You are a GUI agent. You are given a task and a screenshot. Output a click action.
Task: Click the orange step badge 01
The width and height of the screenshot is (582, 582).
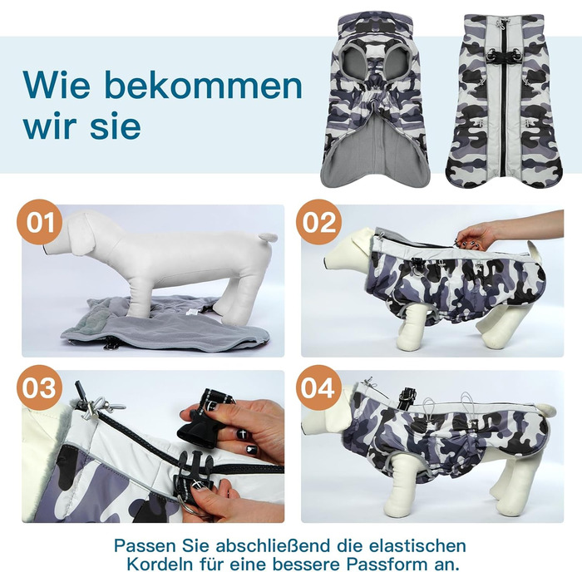click(x=40, y=222)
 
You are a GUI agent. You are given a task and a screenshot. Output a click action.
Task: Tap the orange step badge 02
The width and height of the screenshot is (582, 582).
click(x=318, y=222)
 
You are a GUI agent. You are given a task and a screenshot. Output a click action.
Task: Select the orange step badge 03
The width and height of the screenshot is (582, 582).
click(x=39, y=387)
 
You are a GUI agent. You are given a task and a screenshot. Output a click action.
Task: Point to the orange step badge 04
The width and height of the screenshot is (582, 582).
click(x=318, y=387)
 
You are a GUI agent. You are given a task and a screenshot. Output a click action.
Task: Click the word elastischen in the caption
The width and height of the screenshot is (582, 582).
click(x=417, y=545)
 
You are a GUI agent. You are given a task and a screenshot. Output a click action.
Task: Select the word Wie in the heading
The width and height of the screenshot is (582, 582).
click(x=56, y=85)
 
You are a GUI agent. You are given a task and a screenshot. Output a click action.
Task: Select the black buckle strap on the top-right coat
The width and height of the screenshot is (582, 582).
click(x=504, y=56)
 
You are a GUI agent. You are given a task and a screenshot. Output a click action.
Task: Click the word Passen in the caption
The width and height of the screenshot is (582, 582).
click(x=145, y=545)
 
